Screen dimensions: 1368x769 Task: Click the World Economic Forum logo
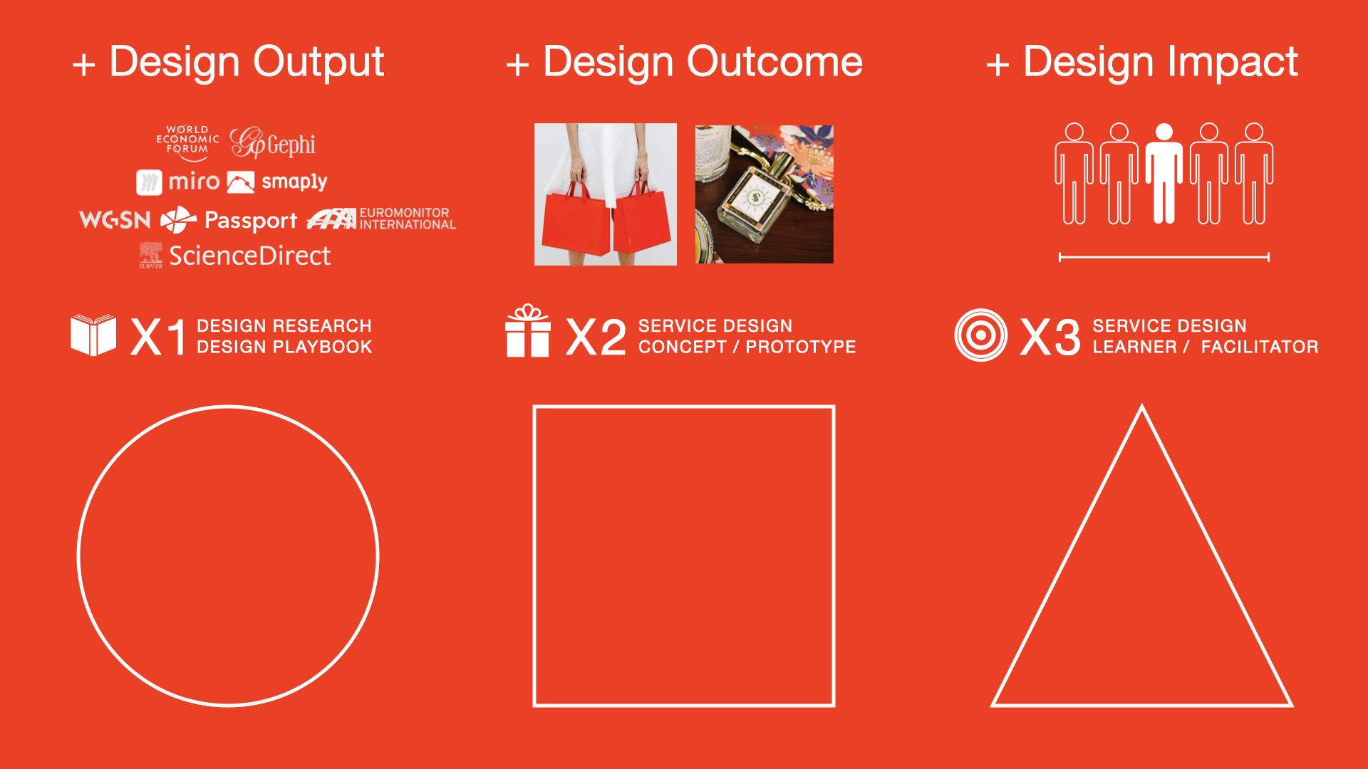tap(187, 142)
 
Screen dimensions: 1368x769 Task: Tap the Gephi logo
tap(273, 143)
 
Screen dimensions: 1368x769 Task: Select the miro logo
tap(178, 182)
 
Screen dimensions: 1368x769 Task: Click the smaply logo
tap(277, 182)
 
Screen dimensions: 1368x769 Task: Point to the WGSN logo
tap(115, 220)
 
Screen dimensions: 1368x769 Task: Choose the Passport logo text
tap(251, 221)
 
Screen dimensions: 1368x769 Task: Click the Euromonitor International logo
tap(381, 219)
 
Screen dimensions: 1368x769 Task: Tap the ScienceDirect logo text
tap(250, 256)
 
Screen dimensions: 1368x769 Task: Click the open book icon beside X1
tap(93, 335)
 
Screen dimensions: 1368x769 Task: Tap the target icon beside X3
tap(981, 335)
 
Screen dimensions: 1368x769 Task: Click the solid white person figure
tap(1164, 173)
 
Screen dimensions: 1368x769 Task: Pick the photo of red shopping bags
tap(606, 194)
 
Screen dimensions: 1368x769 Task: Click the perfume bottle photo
tap(765, 194)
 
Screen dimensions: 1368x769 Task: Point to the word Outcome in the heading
tap(774, 62)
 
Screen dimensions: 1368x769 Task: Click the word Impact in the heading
tap(1233, 62)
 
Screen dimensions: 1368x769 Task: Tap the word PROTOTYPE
tap(801, 347)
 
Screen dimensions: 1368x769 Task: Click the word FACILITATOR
tap(1260, 347)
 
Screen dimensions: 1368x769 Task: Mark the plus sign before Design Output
tap(84, 65)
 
